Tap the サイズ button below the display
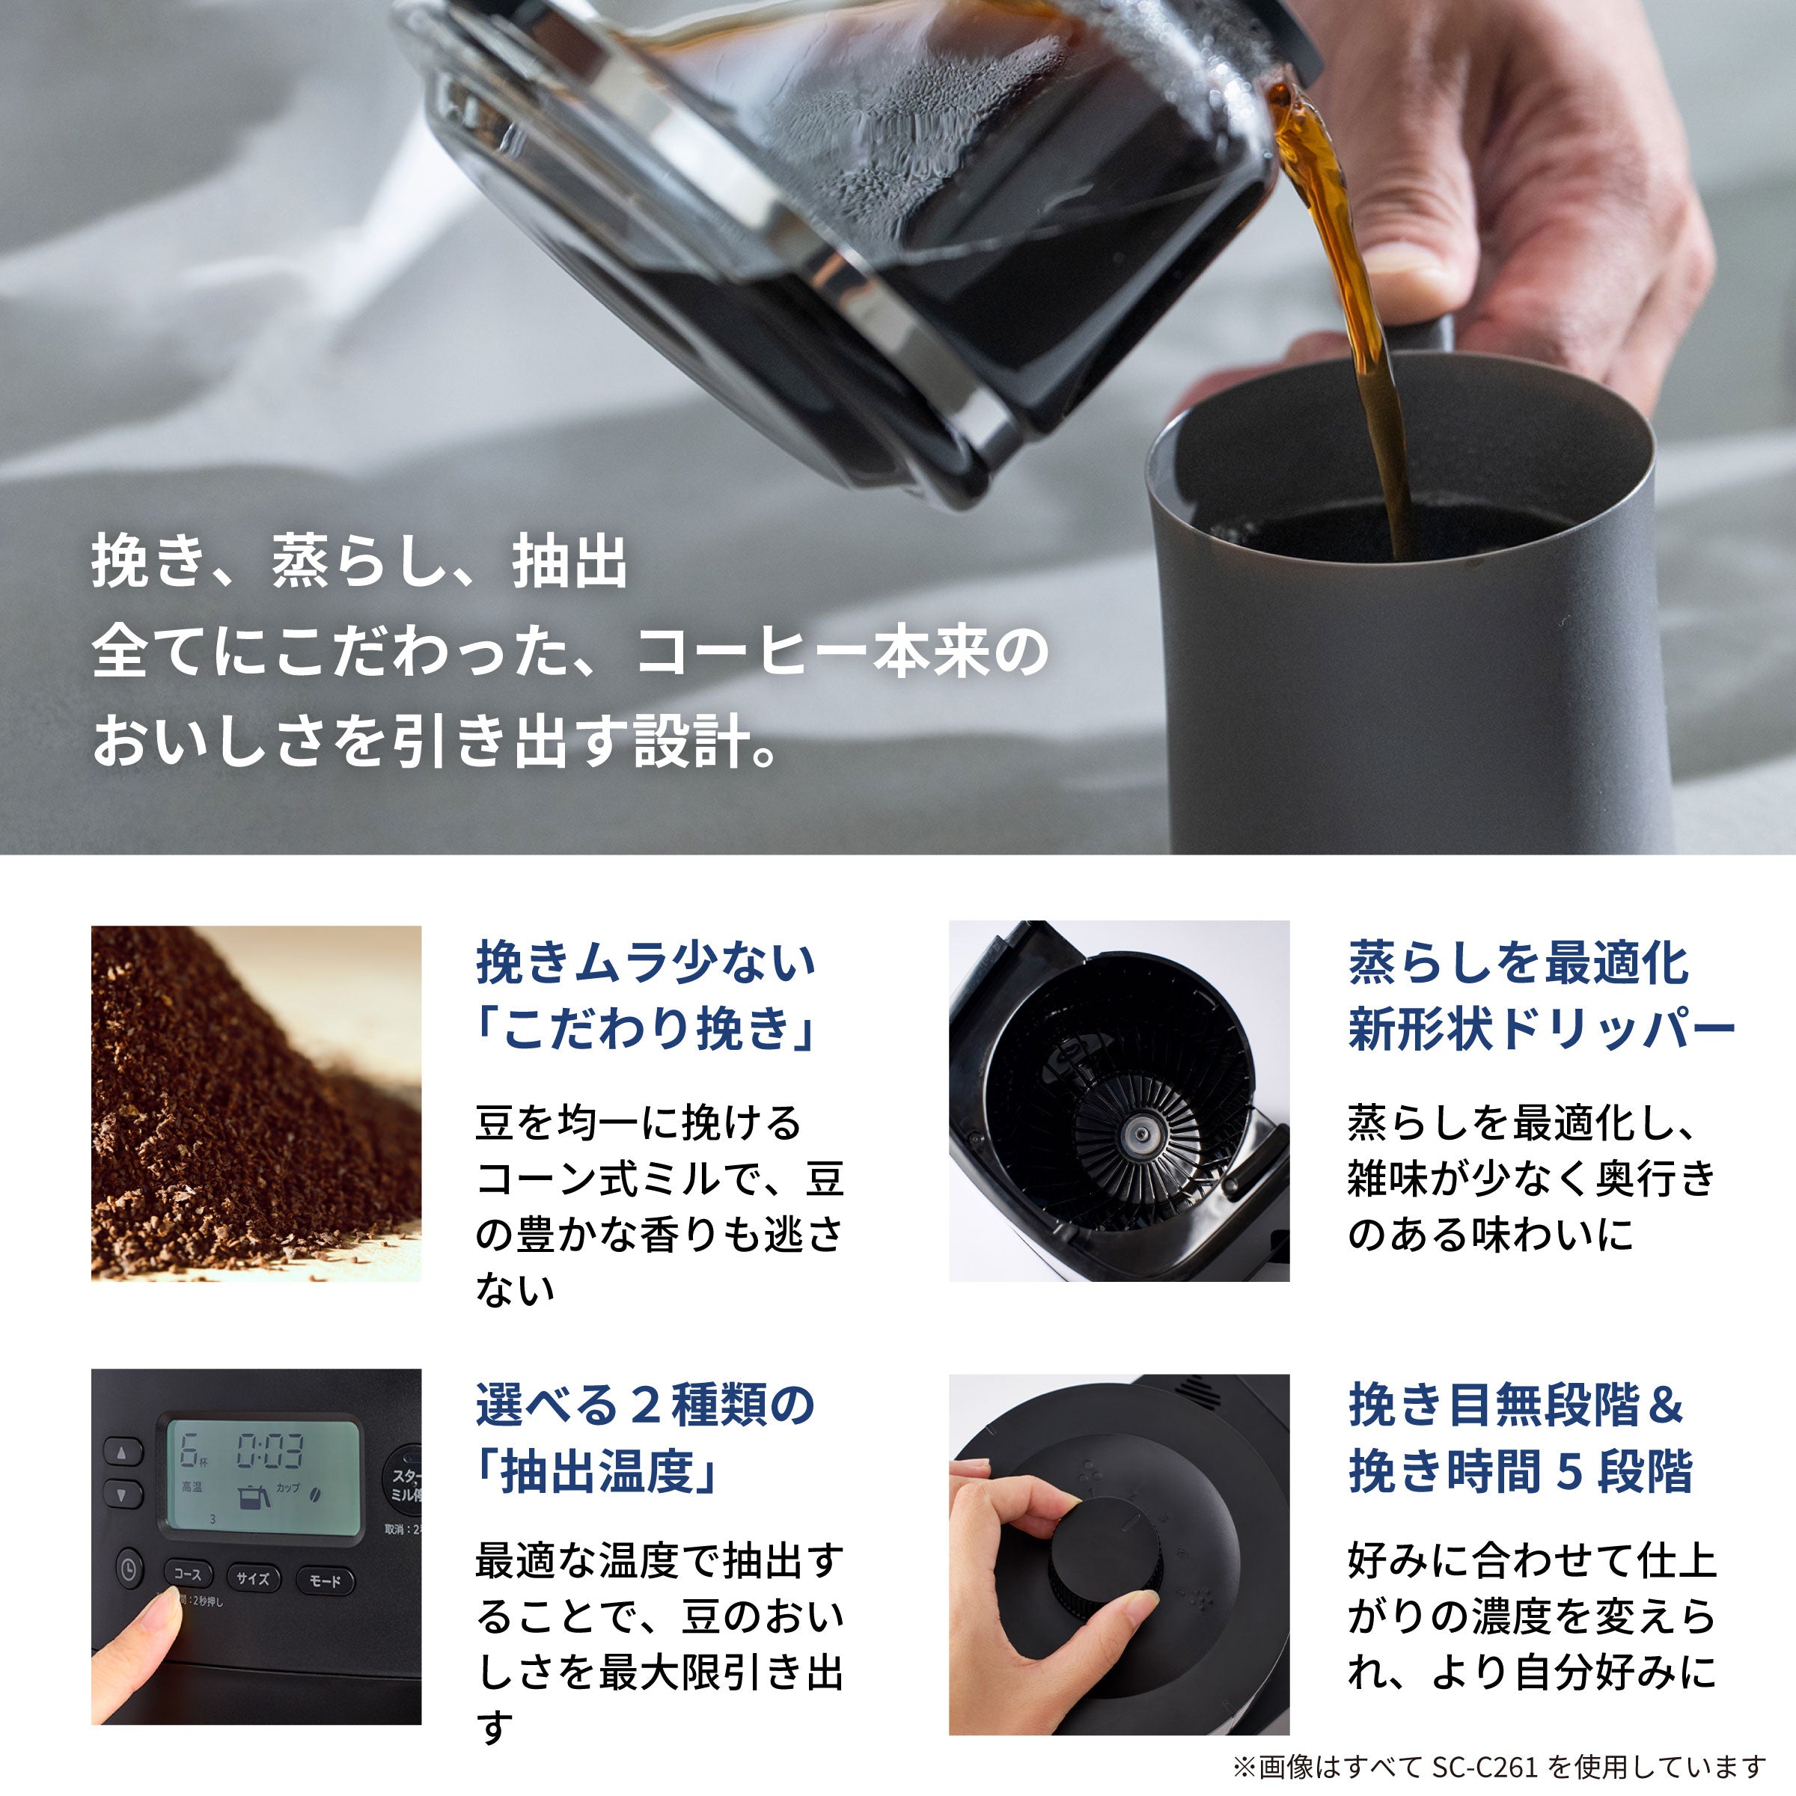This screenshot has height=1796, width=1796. point(253,1577)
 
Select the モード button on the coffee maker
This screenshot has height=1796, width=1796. point(325,1580)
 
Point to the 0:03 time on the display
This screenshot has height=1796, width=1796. point(269,1451)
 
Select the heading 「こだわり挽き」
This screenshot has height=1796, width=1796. point(645,1030)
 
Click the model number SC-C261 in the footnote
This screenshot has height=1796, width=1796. point(1485,1766)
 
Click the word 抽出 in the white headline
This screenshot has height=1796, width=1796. point(569,563)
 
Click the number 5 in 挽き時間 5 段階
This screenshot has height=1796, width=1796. point(1570,1473)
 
